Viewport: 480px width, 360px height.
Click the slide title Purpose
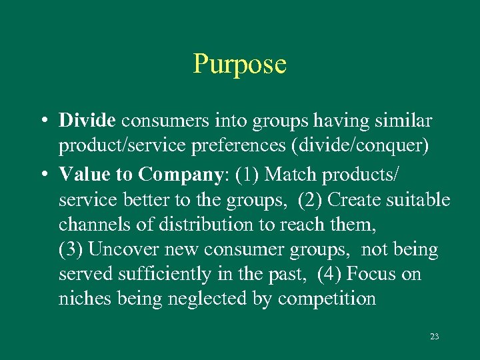[239, 65]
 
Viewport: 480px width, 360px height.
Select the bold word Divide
[87, 121]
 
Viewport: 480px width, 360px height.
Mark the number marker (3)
[71, 250]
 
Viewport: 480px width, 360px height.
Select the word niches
[85, 298]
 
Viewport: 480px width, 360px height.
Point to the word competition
[327, 299]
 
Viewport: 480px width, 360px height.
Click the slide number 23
[434, 337]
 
